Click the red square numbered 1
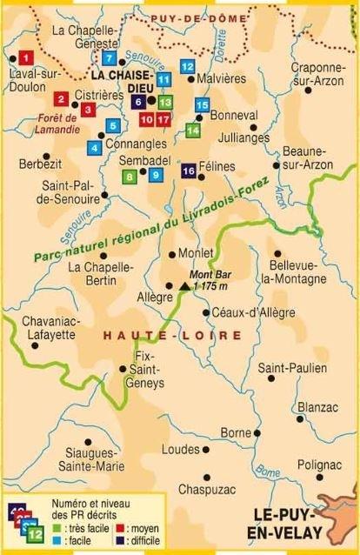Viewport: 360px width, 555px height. tap(26, 58)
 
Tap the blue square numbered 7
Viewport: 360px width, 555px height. tap(109, 58)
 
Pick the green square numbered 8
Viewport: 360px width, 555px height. tap(130, 177)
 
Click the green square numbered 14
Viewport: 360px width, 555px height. tap(193, 130)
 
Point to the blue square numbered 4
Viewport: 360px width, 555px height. tap(94, 147)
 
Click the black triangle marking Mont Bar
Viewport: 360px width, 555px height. tap(183, 285)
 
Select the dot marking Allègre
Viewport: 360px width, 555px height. tap(169, 284)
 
